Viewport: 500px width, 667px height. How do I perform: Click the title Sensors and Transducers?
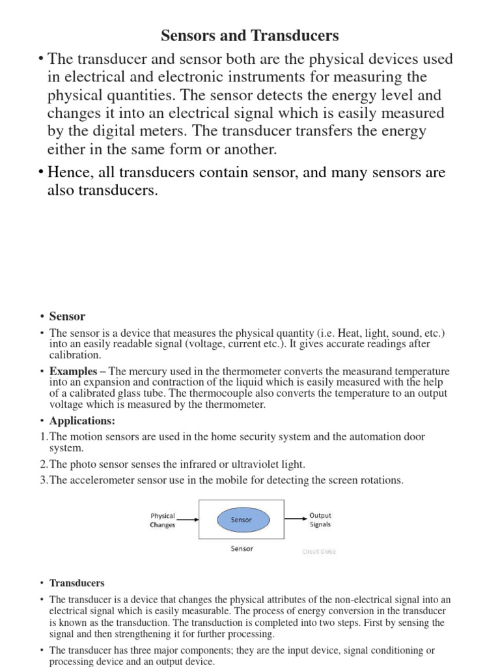(x=249, y=35)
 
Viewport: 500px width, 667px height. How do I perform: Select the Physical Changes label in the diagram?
(x=163, y=520)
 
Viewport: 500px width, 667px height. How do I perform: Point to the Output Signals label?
(x=320, y=519)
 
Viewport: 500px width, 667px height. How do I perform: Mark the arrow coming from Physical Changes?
(x=187, y=520)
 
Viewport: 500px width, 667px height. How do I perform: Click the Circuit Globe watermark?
(x=319, y=551)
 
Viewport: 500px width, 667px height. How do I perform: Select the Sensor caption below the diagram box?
(x=242, y=548)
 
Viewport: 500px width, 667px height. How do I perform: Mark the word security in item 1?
(x=268, y=436)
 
